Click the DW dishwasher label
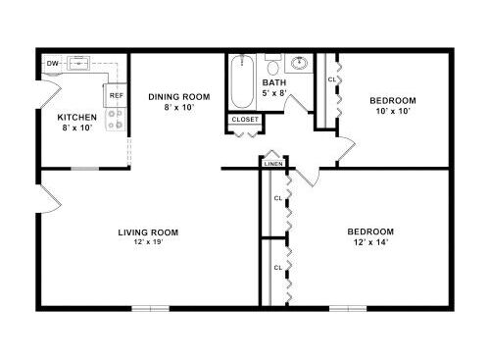52,64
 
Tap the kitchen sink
78,63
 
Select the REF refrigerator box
117,95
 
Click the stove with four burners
116,120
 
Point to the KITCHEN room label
77,117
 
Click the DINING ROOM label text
179,97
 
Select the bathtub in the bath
242,81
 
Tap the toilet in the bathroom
272,65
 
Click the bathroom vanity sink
299,63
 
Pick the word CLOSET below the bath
245,120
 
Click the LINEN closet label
273,164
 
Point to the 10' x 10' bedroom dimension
393,111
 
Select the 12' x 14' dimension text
370,242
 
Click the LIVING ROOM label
148,232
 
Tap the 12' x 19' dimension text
148,242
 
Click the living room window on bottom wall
151,308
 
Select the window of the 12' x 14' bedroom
348,308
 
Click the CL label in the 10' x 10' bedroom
332,79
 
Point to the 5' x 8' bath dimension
274,93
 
